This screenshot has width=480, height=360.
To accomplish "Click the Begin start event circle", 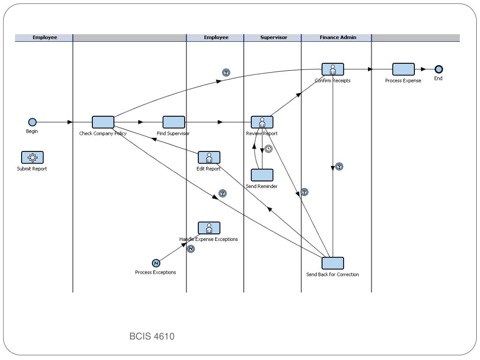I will (x=32, y=122).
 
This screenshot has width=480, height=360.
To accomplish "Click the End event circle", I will (x=438, y=69).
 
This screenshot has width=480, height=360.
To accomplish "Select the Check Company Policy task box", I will (x=103, y=122).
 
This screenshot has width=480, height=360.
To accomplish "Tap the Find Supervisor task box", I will (x=174, y=122).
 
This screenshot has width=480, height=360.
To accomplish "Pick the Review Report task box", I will (x=262, y=122).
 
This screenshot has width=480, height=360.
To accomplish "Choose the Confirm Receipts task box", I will (x=332, y=69).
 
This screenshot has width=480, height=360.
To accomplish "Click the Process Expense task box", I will (x=403, y=69).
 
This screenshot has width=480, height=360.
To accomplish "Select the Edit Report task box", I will (x=209, y=157).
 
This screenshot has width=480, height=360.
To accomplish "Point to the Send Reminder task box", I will (x=262, y=175).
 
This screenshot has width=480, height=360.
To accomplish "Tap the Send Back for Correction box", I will (x=333, y=263).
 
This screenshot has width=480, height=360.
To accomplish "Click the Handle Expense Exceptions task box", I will (x=209, y=228).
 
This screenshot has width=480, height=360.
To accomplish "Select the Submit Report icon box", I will (x=32, y=157).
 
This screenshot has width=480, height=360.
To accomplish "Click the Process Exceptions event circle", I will (x=156, y=263).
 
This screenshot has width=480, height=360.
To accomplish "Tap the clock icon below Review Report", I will (x=268, y=149).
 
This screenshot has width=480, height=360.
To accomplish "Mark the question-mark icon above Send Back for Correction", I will (x=339, y=166).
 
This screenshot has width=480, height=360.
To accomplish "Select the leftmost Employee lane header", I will (x=45, y=37).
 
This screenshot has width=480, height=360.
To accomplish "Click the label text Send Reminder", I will (x=262, y=186).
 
